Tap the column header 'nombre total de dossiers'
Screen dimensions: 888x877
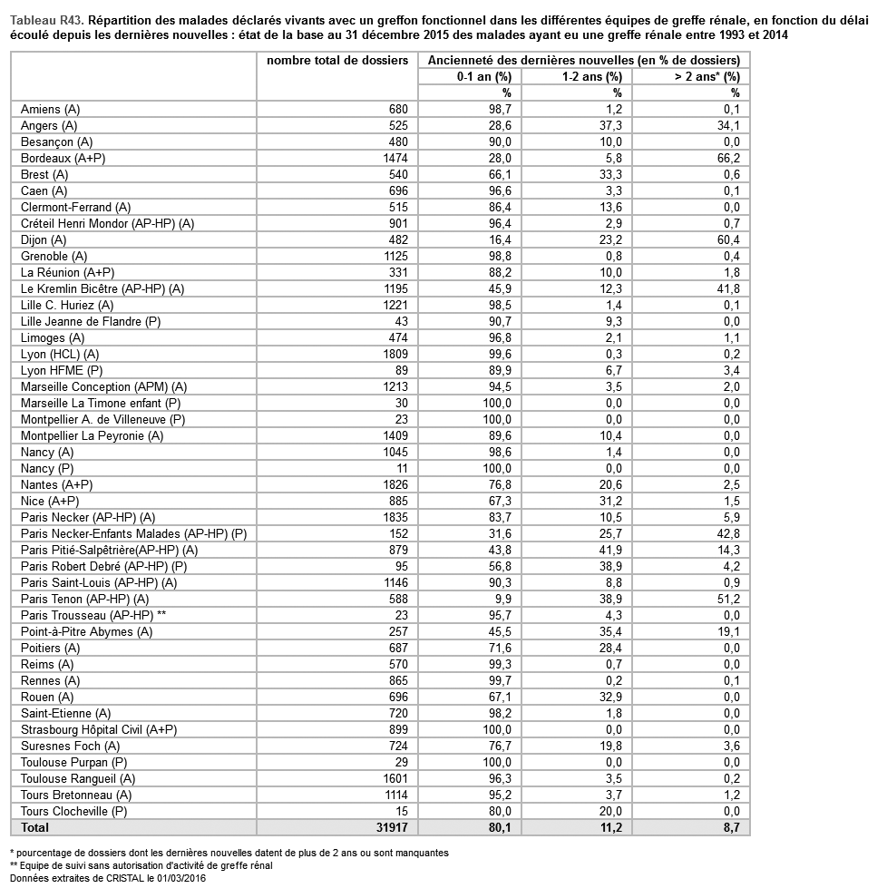pos(337,61)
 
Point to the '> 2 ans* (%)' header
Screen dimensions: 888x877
pos(706,76)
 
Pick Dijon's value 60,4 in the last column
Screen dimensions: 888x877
pos(728,239)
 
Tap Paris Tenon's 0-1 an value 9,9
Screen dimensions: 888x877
pos(502,599)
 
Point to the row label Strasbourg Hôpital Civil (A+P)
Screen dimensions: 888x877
pos(99,729)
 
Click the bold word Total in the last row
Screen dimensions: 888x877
pos(35,827)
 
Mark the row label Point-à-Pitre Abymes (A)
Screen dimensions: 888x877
pos(86,631)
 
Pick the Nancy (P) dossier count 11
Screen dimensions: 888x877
pos(402,468)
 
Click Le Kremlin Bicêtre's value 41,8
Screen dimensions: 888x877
pos(728,288)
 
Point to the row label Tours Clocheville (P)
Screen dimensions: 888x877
pos(74,811)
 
